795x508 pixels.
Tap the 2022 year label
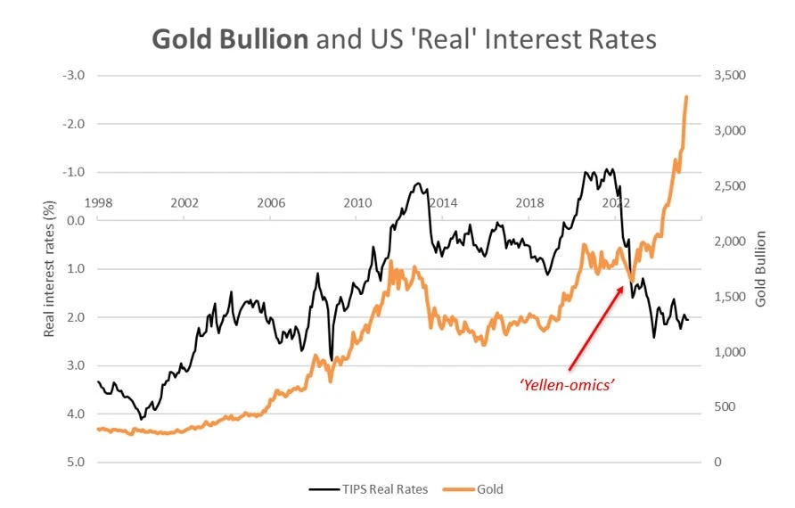[x=616, y=202]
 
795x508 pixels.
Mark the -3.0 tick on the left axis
[x=74, y=76]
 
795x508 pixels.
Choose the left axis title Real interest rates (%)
[x=50, y=268]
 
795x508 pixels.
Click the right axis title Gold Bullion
[x=760, y=268]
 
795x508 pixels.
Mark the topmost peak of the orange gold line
[x=686, y=96]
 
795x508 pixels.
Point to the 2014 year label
[x=444, y=202]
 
